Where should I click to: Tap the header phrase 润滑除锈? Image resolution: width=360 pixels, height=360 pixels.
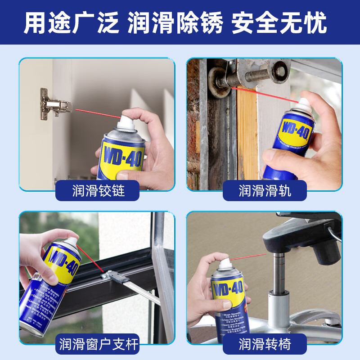(175, 22)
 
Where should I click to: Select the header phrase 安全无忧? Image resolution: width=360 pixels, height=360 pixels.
(279, 22)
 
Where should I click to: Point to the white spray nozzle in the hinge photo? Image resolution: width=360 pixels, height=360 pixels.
(126, 119)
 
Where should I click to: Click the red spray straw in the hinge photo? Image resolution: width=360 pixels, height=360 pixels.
(97, 113)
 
